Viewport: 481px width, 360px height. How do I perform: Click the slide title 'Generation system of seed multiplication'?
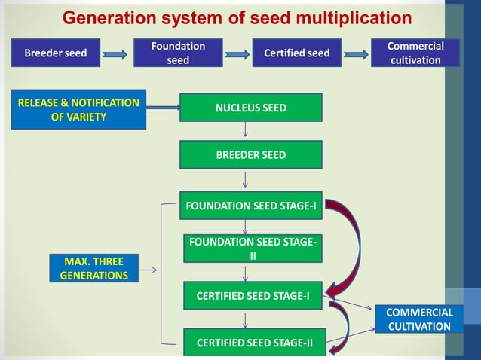(237, 17)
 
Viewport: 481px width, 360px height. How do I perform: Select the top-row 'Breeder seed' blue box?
(55, 53)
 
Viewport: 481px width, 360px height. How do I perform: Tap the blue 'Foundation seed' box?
(178, 53)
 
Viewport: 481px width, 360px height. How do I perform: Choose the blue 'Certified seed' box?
(296, 53)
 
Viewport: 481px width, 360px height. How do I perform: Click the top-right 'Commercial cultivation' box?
(415, 53)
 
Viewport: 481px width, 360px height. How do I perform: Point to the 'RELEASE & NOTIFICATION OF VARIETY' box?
(79, 109)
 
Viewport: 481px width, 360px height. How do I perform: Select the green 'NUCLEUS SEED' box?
(250, 108)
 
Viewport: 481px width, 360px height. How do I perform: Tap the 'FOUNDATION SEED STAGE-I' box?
(250, 206)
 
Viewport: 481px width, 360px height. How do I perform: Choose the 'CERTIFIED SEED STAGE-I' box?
(253, 296)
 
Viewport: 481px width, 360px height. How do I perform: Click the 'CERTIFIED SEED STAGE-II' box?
(253, 343)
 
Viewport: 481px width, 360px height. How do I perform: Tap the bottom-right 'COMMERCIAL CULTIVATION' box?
(419, 319)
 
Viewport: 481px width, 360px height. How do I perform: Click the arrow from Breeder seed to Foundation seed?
(115, 54)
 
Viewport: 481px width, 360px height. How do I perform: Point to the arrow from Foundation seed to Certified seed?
(238, 54)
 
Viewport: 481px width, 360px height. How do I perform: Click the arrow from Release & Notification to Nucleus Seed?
(162, 108)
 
